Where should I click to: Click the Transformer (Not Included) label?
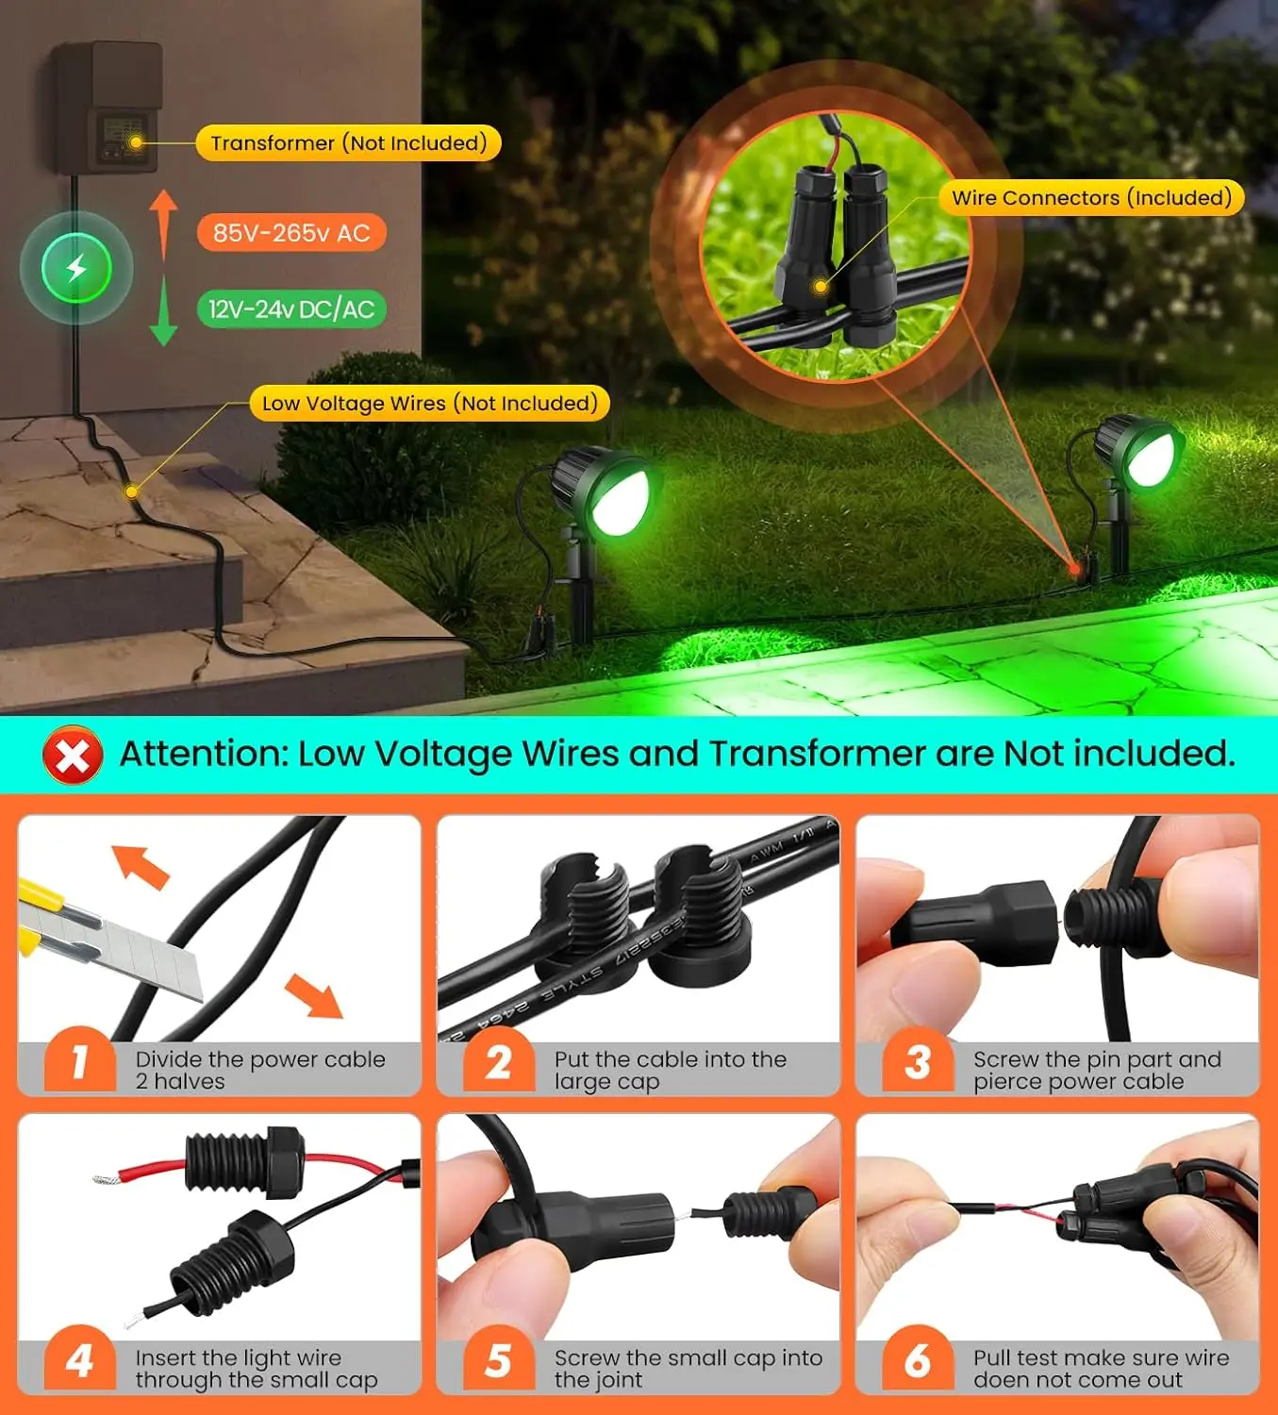click(348, 143)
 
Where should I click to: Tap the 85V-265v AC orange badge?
click(291, 233)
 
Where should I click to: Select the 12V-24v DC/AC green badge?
click(291, 309)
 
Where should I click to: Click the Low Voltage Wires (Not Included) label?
click(429, 404)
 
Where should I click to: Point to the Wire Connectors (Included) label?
click(1091, 198)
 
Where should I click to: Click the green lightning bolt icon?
click(76, 269)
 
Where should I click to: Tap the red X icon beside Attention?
click(73, 756)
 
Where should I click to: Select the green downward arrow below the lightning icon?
click(163, 311)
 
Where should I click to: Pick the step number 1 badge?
click(80, 1063)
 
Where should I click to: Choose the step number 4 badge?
click(80, 1361)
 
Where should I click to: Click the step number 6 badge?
click(918, 1361)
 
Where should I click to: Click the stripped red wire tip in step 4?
click(104, 1178)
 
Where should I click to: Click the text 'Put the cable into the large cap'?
click(670, 1071)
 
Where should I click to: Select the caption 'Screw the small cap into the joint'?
click(688, 1369)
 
